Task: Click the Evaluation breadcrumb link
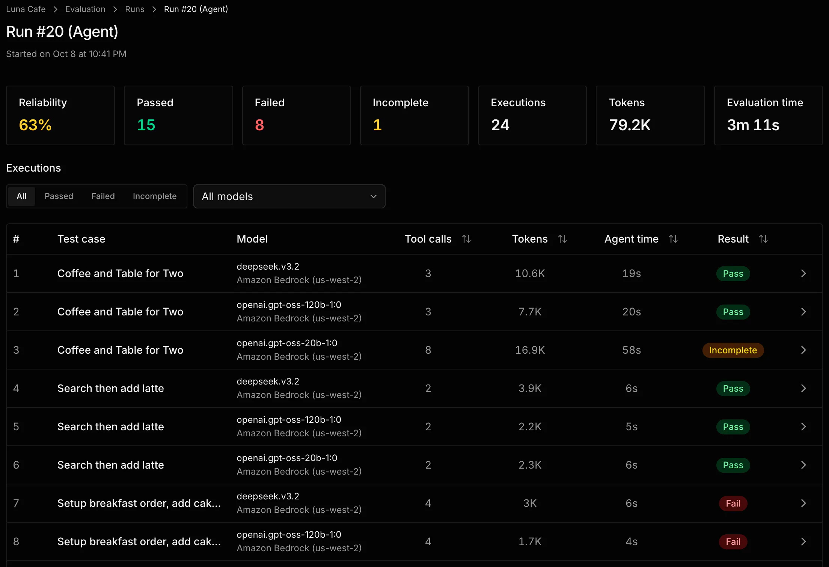pos(85,9)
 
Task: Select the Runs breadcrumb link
pos(134,9)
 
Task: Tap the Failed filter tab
pos(103,196)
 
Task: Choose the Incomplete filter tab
pos(154,196)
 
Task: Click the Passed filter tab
pos(59,196)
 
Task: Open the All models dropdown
pos(289,196)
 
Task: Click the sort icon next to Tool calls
pos(466,239)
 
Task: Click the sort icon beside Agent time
pos(673,239)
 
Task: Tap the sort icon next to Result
pos(763,239)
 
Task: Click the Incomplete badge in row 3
pos(733,350)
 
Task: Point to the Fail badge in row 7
pos(733,503)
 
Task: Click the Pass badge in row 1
pos(733,273)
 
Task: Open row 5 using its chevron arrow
pos(803,427)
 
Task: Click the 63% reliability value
pos(35,125)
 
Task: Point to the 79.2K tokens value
pos(630,125)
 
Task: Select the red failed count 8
pos(259,125)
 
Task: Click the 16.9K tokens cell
pos(530,350)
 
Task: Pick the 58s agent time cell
pos(632,350)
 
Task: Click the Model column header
pos(252,239)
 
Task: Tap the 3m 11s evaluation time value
pos(753,125)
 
